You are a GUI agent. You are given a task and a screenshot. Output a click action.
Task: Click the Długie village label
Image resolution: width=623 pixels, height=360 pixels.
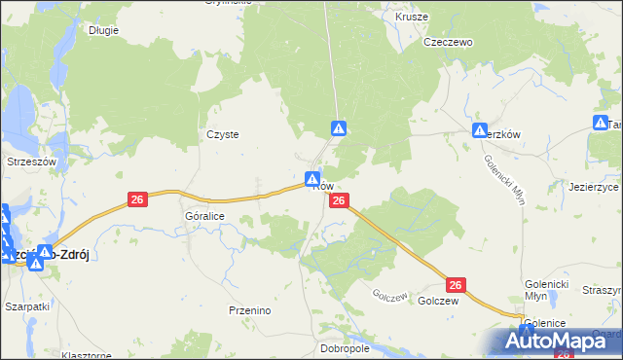(x=102, y=30)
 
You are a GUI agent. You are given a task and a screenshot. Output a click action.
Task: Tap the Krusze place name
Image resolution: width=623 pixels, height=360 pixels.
(x=411, y=17)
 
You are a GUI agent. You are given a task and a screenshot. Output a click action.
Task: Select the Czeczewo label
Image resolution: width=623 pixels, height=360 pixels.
(x=448, y=43)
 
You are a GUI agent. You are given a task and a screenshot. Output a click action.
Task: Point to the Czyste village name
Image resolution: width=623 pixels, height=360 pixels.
(x=223, y=135)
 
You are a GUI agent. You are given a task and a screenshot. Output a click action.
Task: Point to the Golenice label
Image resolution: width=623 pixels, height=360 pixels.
(x=545, y=322)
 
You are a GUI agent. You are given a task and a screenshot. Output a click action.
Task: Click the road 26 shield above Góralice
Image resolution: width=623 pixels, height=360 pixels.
(x=137, y=199)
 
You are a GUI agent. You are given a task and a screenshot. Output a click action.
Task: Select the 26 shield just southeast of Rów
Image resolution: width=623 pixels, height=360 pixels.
(x=338, y=200)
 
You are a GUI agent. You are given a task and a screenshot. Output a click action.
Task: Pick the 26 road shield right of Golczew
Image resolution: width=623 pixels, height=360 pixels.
(x=457, y=285)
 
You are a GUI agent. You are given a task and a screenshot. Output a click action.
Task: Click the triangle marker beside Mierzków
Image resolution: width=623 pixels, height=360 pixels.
(x=479, y=130)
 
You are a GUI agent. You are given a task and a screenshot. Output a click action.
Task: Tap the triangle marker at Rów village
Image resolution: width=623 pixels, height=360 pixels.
(x=311, y=179)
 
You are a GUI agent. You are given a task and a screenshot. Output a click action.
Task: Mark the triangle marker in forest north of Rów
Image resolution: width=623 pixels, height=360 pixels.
(x=338, y=127)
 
